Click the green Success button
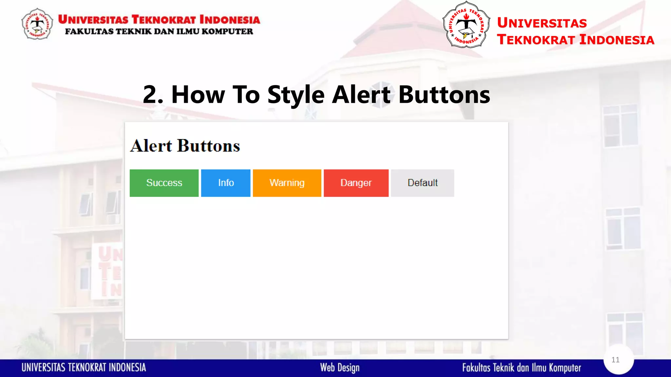click(164, 183)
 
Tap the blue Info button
click(226, 183)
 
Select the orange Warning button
click(287, 183)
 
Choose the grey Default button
click(422, 183)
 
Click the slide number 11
click(615, 360)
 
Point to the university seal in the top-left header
click(37, 24)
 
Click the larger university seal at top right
click(466, 25)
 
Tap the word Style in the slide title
click(296, 95)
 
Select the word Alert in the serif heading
click(151, 146)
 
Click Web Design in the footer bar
click(340, 368)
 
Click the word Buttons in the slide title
click(444, 95)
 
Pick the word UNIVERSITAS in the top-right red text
click(542, 23)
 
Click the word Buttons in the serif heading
click(209, 146)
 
